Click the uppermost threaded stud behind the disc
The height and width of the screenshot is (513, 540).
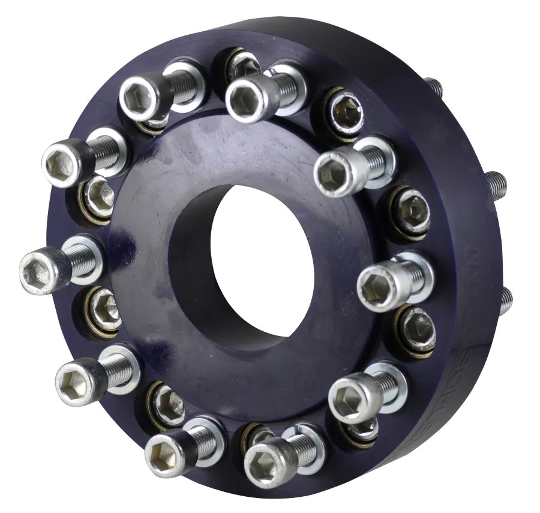(x=433, y=87)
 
